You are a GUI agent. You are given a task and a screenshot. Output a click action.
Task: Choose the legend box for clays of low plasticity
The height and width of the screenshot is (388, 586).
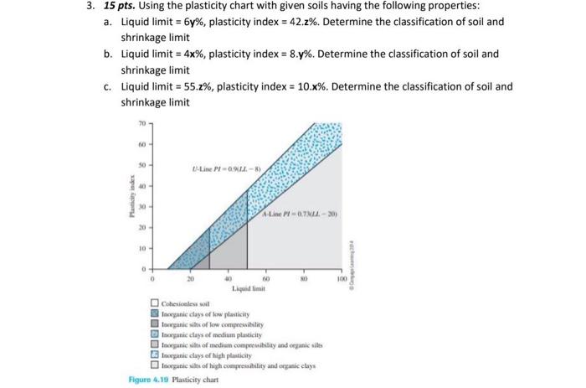(155, 313)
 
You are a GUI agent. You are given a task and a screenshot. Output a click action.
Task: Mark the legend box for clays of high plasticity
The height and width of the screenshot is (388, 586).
(155, 356)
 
